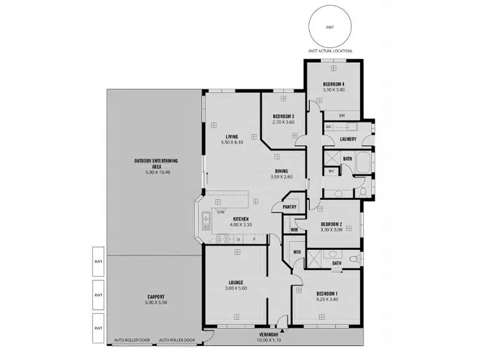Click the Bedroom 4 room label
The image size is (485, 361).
point(333,84)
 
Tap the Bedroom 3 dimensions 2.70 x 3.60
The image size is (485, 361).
point(283,122)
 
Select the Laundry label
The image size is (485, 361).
point(348,139)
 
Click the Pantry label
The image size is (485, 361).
point(289,207)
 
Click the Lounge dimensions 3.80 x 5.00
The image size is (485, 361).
point(236,289)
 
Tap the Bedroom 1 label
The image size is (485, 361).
point(327,294)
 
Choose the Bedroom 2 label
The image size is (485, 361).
point(331,224)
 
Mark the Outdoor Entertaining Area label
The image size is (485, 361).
point(156,164)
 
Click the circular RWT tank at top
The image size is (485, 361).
point(330,27)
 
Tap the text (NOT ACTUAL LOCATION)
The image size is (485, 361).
point(330,51)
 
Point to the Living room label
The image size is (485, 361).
point(232,136)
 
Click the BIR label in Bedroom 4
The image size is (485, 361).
point(341,116)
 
